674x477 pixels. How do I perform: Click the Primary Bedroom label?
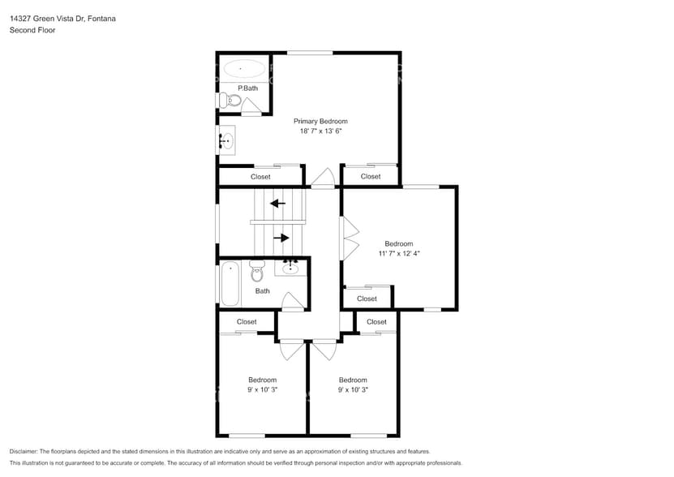click(320, 121)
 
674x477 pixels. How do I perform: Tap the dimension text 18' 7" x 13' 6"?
click(320, 131)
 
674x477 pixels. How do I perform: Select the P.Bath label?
click(247, 88)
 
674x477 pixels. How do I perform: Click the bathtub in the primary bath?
click(243, 69)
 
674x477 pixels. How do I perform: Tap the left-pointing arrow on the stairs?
click(277, 204)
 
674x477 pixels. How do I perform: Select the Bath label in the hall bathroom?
click(262, 291)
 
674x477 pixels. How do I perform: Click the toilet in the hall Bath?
click(257, 272)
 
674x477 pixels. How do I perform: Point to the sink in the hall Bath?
click(291, 267)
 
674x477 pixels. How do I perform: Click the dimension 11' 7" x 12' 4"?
click(398, 253)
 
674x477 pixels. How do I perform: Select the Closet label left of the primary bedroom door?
click(260, 176)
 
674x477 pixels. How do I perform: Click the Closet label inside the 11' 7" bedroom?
click(367, 299)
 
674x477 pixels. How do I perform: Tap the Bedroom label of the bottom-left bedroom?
click(262, 380)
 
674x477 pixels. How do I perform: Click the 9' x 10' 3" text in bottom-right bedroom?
click(353, 389)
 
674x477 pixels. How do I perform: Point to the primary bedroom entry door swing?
click(324, 178)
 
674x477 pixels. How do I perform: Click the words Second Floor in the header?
click(30, 30)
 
